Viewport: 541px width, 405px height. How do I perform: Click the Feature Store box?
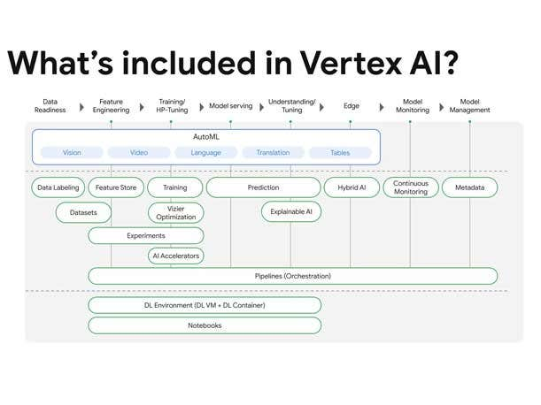pyautogui.click(x=115, y=187)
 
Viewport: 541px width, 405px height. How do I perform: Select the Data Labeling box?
pyautogui.click(x=58, y=187)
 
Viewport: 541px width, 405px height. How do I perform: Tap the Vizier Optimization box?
pyautogui.click(x=175, y=212)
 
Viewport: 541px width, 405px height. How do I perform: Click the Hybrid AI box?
pyautogui.click(x=351, y=187)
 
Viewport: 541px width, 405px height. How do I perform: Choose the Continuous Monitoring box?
pyautogui.click(x=411, y=187)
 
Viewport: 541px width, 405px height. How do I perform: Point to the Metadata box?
pyautogui.click(x=469, y=187)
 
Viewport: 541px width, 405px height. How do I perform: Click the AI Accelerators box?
pyautogui.click(x=175, y=256)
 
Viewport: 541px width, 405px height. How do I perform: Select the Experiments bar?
pyautogui.click(x=146, y=235)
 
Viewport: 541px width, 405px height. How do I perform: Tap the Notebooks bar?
pyautogui.click(x=205, y=325)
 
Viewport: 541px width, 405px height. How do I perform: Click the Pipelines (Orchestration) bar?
pyautogui.click(x=292, y=276)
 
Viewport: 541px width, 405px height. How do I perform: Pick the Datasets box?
pyautogui.click(x=83, y=212)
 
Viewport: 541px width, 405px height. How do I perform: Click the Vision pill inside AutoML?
pyautogui.click(x=72, y=152)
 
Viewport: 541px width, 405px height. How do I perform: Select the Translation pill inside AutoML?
pyautogui.click(x=273, y=152)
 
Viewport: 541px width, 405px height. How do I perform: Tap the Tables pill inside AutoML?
pyautogui.click(x=340, y=152)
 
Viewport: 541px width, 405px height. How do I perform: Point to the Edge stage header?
pyautogui.click(x=352, y=106)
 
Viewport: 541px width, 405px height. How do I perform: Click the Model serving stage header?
pyautogui.click(x=230, y=106)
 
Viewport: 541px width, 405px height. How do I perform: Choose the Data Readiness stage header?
pyautogui.click(x=50, y=106)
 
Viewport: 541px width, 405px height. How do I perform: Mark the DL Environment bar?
pyautogui.click(x=205, y=305)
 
